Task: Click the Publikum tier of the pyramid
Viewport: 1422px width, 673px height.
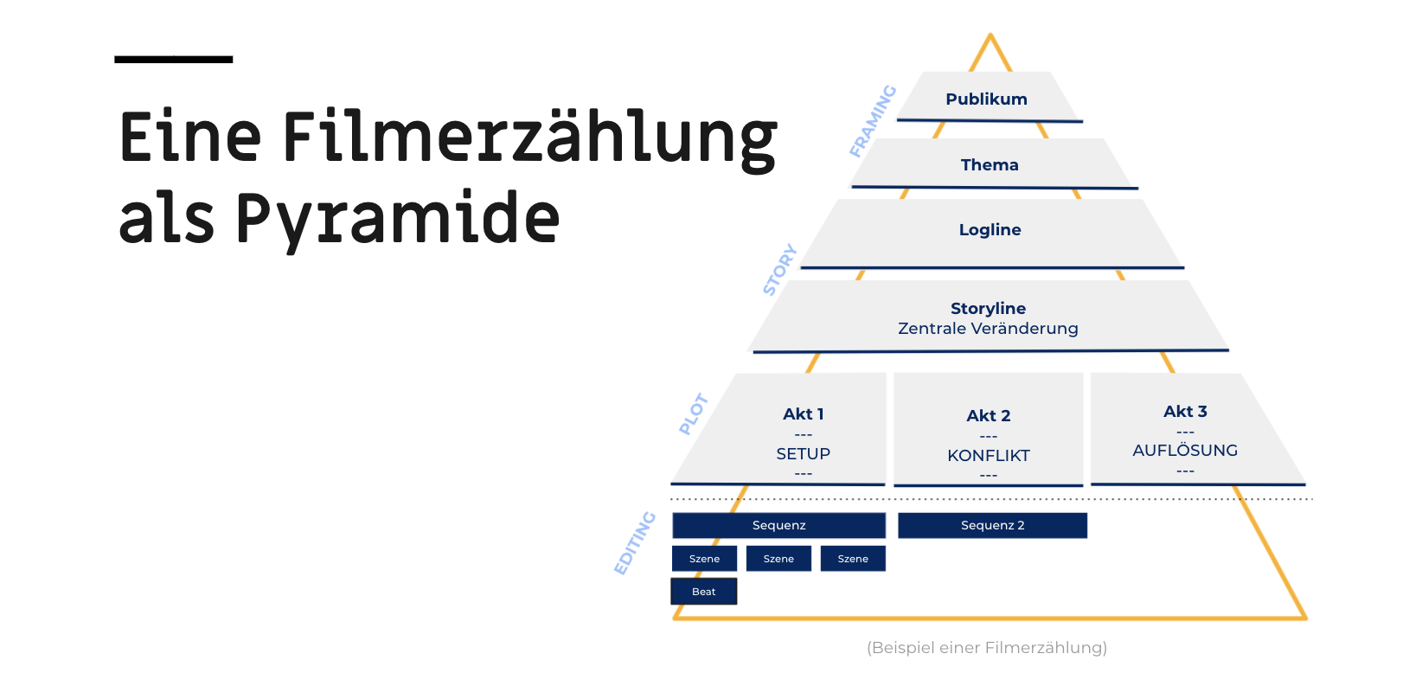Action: click(988, 97)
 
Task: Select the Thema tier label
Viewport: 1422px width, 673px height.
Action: click(989, 165)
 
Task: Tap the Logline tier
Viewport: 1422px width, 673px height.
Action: click(990, 233)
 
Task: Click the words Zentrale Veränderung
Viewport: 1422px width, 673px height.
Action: click(988, 328)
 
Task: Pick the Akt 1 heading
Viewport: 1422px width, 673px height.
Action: click(803, 414)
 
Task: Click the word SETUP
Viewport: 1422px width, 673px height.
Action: click(803, 453)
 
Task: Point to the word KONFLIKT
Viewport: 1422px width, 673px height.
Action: click(989, 455)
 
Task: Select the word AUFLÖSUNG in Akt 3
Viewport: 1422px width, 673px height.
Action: click(1185, 450)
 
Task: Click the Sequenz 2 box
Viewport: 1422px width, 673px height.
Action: click(992, 525)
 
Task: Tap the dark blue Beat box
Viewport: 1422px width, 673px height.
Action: click(704, 591)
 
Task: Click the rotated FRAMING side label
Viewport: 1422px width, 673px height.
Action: click(873, 120)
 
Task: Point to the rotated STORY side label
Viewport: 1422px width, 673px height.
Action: click(779, 269)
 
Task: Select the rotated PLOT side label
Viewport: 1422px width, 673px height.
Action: click(694, 414)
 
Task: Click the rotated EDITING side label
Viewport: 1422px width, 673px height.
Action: click(635, 543)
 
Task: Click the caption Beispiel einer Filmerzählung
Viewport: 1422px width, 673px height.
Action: click(987, 648)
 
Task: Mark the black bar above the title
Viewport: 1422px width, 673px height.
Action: click(173, 60)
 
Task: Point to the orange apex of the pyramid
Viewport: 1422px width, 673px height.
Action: click(990, 35)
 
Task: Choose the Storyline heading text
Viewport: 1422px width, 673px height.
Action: click(989, 308)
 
